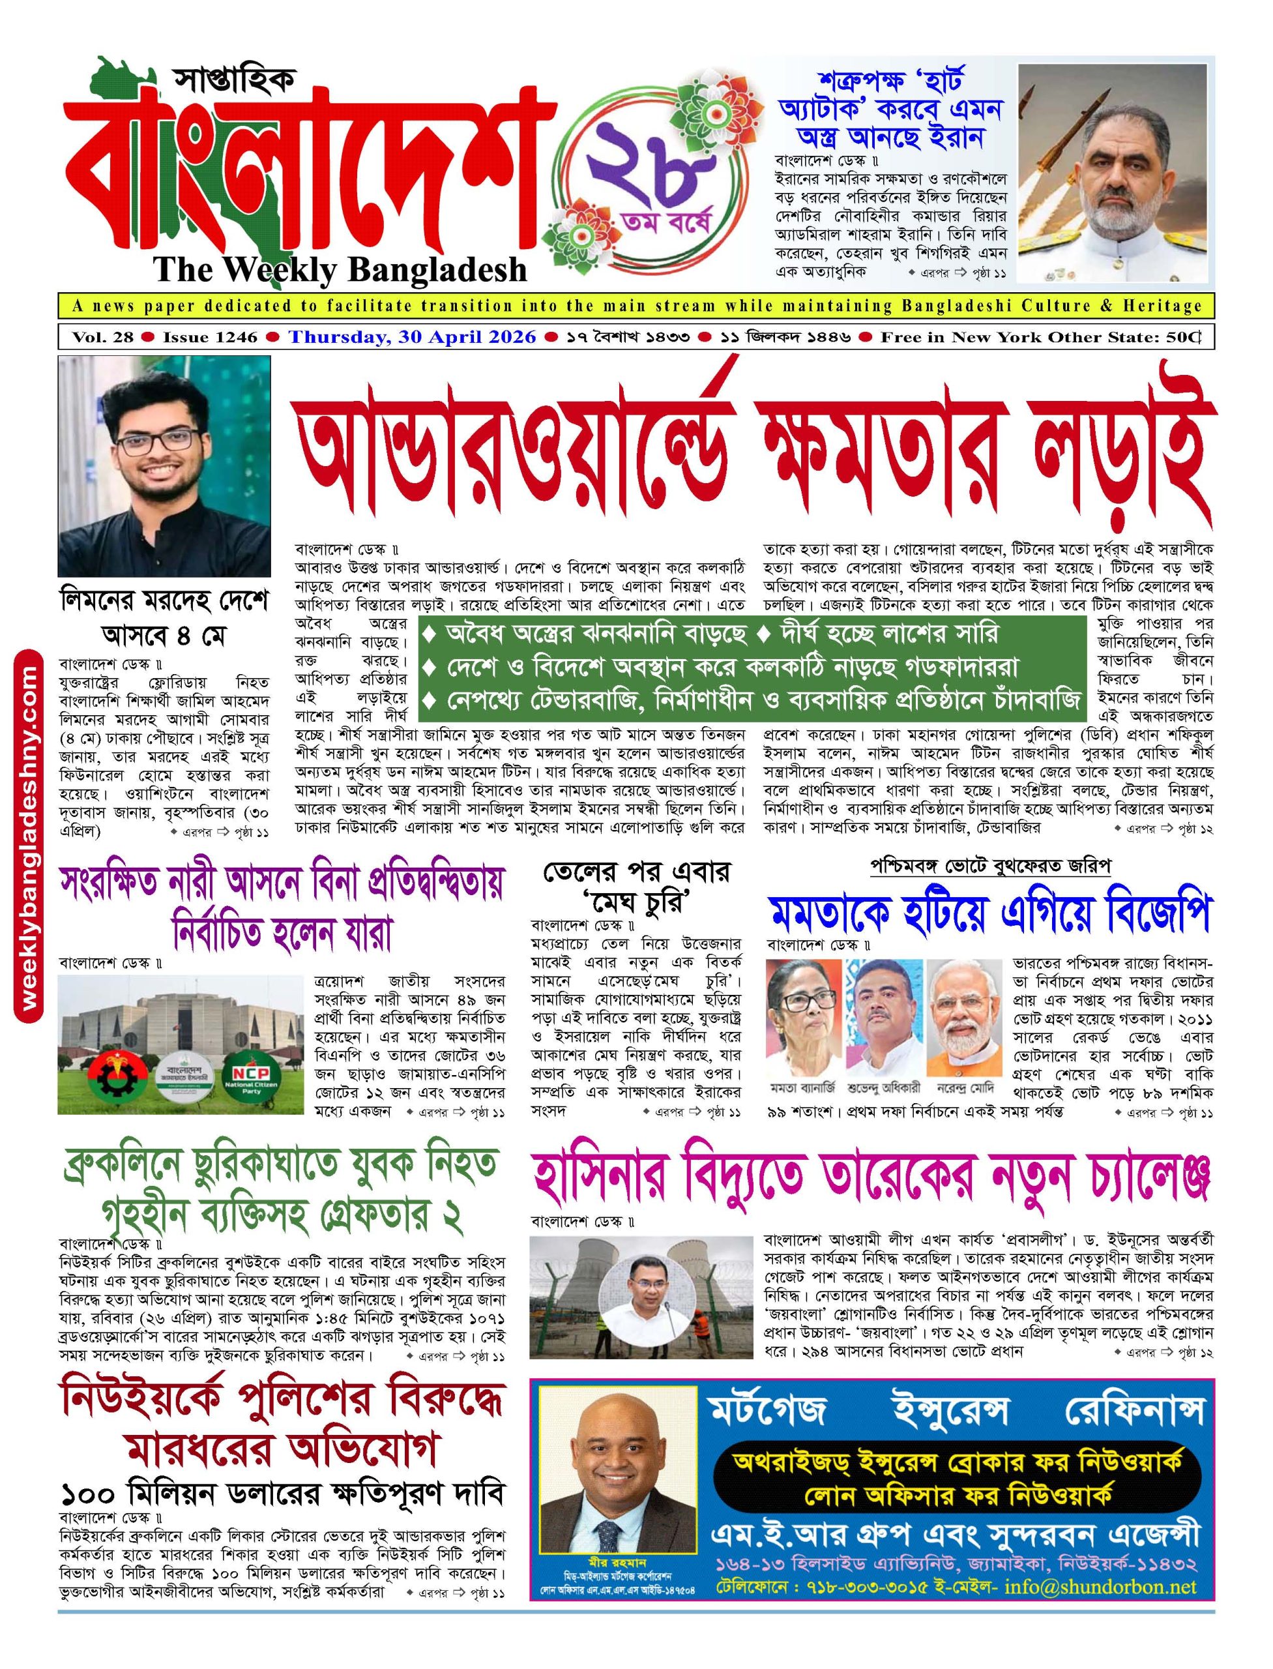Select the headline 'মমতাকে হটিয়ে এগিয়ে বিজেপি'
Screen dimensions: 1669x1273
click(x=988, y=917)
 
